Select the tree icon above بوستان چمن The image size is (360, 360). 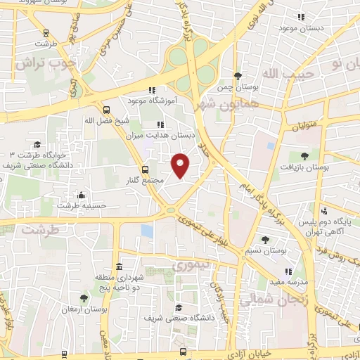pos(238,75)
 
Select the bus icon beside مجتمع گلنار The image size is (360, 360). pos(146,169)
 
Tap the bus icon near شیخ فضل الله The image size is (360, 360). pos(106,110)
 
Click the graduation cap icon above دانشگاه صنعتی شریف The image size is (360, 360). pos(179,307)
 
